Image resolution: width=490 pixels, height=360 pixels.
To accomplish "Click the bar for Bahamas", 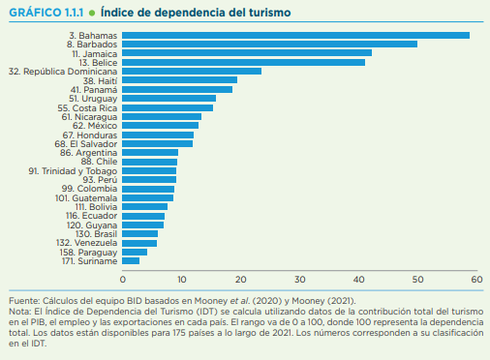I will [295, 35].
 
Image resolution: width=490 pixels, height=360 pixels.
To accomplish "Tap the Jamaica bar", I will [247, 52].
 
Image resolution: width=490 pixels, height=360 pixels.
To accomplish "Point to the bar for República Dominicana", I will [192, 71].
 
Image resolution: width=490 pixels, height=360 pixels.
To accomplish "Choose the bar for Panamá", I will [177, 89].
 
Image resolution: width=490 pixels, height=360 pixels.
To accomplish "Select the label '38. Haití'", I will [95, 80].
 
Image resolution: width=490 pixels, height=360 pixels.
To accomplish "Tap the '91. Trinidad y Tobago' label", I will [73, 170].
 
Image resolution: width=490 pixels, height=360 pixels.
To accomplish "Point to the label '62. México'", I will [94, 125].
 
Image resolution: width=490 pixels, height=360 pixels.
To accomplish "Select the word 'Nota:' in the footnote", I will [20, 311].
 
